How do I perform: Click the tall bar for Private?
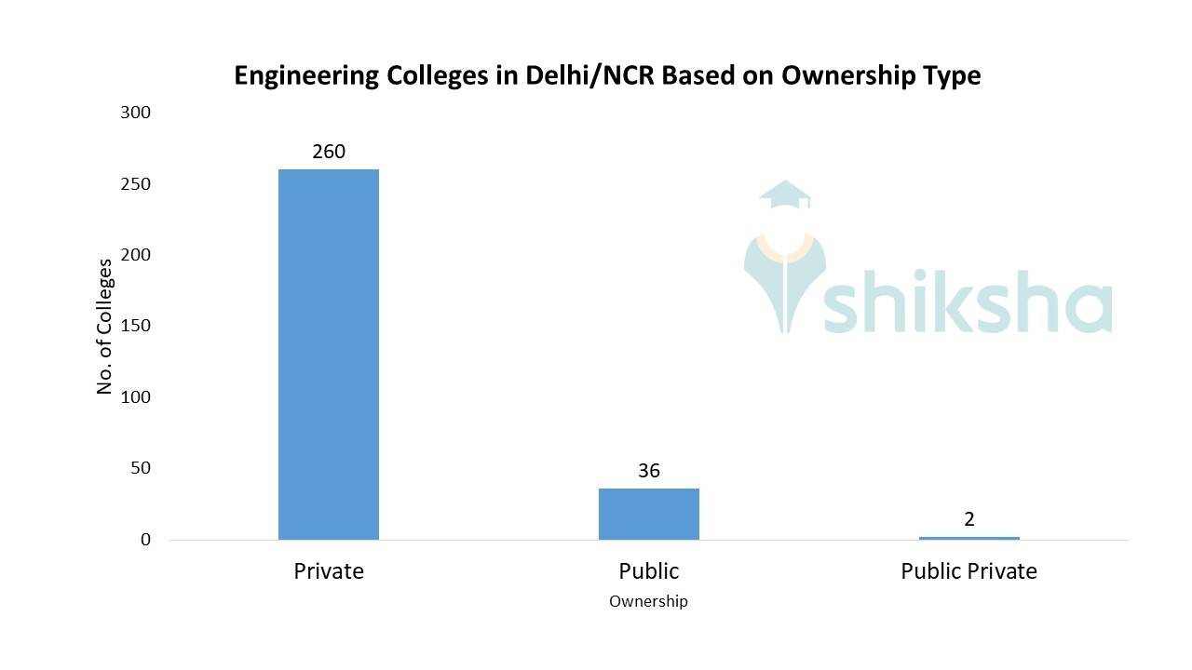329,354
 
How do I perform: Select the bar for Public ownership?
648,514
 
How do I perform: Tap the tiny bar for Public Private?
968,538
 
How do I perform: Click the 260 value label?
329,151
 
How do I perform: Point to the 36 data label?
649,470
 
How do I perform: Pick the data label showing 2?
969,519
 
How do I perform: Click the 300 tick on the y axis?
135,113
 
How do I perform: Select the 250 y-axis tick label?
135,184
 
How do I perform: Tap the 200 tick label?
135,255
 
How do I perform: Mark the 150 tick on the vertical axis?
135,327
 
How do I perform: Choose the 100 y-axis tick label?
135,397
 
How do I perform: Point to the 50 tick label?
140,468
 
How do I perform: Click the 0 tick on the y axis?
145,540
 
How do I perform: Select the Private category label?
329,570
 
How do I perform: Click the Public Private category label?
968,570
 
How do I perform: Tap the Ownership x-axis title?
648,601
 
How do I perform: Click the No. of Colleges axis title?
104,327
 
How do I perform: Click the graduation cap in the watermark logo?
785,194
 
